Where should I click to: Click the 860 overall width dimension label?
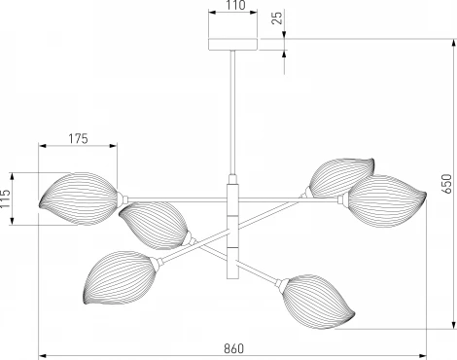[233, 348]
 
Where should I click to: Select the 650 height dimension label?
[446, 184]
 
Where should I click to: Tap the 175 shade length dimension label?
[78, 138]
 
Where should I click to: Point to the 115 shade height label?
[6, 198]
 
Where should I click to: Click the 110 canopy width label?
[236, 5]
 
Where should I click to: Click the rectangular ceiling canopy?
[232, 45]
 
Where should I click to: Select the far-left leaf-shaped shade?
[79, 198]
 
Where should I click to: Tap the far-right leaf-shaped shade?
[387, 200]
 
